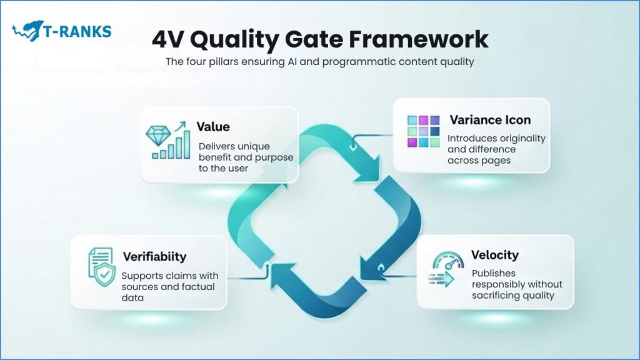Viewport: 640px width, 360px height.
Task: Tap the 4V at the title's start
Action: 169,39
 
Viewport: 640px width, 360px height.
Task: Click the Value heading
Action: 213,127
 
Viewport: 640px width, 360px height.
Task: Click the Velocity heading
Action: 495,255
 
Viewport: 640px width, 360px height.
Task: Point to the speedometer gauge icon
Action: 448,262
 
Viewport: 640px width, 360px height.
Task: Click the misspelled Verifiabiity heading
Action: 154,256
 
